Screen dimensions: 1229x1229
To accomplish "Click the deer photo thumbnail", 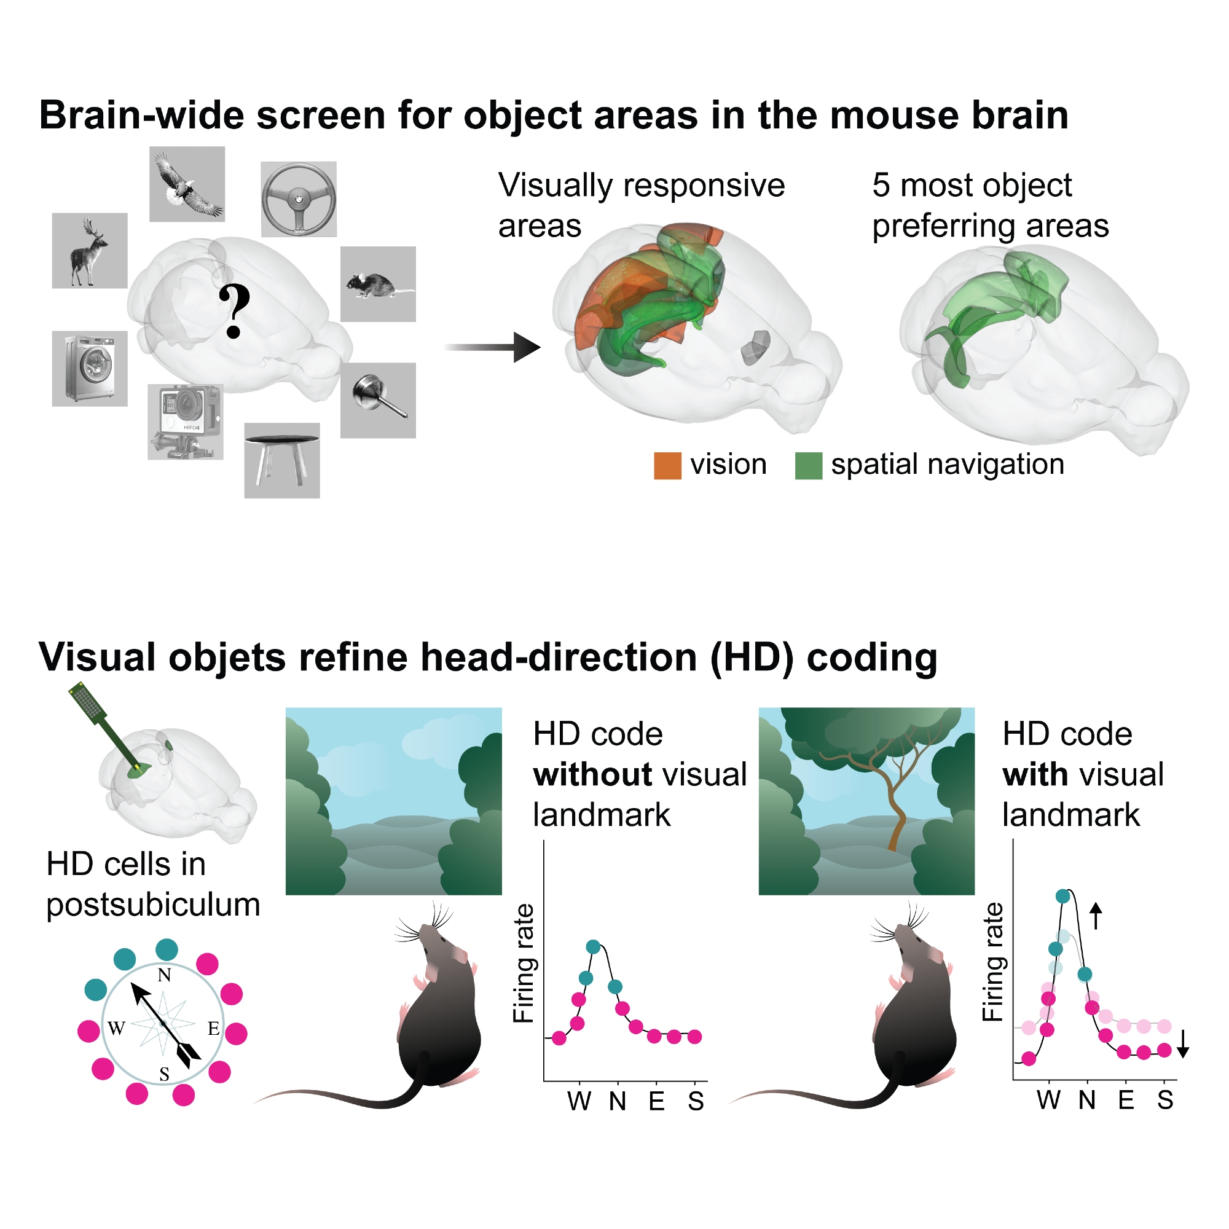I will (90, 250).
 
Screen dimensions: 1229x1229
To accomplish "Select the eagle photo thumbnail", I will (187, 184).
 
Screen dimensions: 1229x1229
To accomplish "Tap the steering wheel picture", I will (299, 198).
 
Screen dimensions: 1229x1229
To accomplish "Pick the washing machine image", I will (90, 368).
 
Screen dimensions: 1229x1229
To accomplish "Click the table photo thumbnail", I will (282, 460).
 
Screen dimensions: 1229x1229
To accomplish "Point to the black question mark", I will (234, 311).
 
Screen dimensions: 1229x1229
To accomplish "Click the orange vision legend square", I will (667, 465).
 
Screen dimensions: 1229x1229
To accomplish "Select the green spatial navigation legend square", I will (808, 465).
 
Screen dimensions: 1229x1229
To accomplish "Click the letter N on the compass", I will (165, 975).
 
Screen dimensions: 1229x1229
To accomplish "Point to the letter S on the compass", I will (165, 1074).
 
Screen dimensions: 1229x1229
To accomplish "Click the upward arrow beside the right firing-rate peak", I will (1096, 916).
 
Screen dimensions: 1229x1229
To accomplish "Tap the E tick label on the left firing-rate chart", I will (656, 1101).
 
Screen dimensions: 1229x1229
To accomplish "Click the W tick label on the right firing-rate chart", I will (1048, 1100).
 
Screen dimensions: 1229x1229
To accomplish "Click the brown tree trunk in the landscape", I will (897, 820).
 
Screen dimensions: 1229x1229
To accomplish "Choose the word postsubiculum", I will (153, 905).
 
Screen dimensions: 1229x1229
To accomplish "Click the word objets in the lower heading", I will (227, 657).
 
